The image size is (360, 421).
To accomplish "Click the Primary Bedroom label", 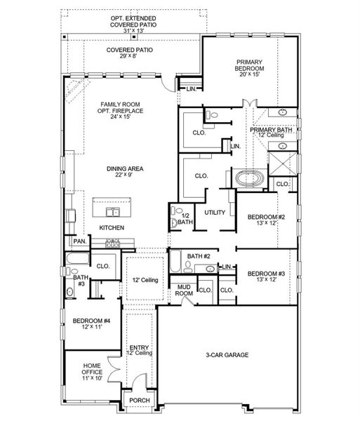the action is pyautogui.click(x=249, y=65).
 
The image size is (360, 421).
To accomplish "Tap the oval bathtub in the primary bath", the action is pyautogui.click(x=250, y=178).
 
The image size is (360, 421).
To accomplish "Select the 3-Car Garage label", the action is pyautogui.click(x=227, y=355).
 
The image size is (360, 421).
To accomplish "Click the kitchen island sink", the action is pyautogui.click(x=113, y=212).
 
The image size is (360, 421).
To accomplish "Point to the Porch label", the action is pyautogui.click(x=140, y=401).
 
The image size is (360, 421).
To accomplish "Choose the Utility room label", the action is pyautogui.click(x=215, y=213).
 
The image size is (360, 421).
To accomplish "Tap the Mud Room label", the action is pyautogui.click(x=184, y=290).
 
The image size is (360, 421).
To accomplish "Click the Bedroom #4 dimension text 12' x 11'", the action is pyautogui.click(x=92, y=327).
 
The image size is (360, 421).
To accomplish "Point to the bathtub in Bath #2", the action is pyautogui.click(x=175, y=261).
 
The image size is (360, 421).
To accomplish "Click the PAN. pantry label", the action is pyautogui.click(x=80, y=241).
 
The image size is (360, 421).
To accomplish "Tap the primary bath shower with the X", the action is pyautogui.click(x=283, y=163).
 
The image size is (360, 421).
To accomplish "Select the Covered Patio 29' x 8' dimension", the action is pyautogui.click(x=129, y=56).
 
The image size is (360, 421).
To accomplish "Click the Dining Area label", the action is pyautogui.click(x=125, y=168).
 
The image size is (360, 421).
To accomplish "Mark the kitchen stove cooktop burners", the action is pyautogui.click(x=113, y=243).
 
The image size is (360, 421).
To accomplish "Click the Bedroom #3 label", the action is pyautogui.click(x=266, y=274).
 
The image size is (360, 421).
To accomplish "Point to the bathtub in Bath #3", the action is pyautogui.click(x=77, y=258).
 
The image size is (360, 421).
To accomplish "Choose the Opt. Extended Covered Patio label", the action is pyautogui.click(x=133, y=22).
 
